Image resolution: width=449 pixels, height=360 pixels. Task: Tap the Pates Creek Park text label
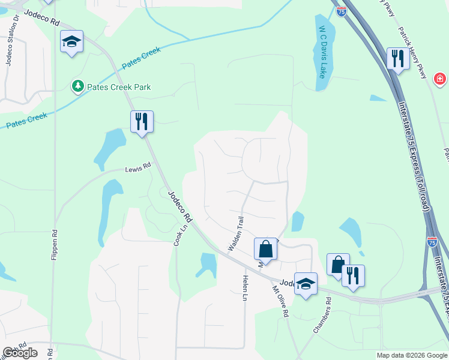pos(118,87)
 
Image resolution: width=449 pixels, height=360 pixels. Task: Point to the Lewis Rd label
pos(137,169)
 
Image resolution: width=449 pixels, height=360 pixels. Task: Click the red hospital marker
pos(440,79)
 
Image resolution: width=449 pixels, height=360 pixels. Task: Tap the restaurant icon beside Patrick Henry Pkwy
pos(397,58)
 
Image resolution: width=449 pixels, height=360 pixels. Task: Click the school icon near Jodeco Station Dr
pos(71,42)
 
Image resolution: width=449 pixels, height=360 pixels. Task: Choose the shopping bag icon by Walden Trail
pos(265,248)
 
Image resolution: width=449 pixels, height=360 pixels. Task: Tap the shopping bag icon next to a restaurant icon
pos(337,264)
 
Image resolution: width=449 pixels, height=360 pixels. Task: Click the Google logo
pos(19,353)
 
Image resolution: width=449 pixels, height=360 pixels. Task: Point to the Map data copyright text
pos(411,355)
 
